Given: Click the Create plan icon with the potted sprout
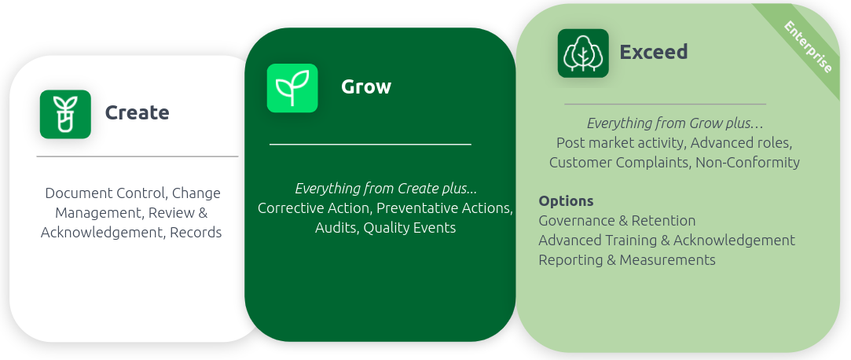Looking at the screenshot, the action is coord(65,114).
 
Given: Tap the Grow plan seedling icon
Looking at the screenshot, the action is coord(292,88).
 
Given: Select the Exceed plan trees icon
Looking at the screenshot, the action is coord(583,53).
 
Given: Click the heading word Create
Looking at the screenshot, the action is coord(137,112).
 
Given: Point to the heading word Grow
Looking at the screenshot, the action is coord(366,87).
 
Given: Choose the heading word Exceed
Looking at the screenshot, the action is coord(654,52).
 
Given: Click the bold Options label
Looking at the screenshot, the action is coord(566,201).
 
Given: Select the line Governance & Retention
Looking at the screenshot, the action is coord(617,220).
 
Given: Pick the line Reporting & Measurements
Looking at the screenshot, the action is coord(627,259).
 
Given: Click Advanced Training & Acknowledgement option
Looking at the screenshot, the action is coord(666,240).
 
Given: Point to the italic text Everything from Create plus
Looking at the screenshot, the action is coord(386,189).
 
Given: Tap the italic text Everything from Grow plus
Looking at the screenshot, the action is coord(675,123).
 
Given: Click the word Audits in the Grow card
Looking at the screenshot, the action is coord(336,227).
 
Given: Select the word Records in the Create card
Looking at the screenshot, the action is coord(196,233).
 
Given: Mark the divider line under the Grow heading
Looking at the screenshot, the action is coord(370,145).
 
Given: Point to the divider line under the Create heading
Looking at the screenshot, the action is coord(138,156).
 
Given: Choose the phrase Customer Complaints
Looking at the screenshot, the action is coord(620,163).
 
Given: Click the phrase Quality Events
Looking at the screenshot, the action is coord(409,227).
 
